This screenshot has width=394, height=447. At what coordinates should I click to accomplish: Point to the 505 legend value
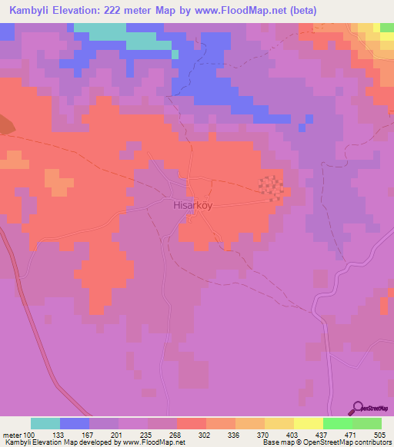click(x=380, y=434)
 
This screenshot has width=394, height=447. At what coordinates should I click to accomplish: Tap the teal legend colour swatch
click(x=45, y=423)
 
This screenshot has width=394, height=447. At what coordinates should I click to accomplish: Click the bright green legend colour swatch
click(x=337, y=423)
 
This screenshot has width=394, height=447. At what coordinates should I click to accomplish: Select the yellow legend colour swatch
click(x=308, y=423)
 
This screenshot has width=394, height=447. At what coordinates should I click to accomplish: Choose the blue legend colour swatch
click(x=75, y=423)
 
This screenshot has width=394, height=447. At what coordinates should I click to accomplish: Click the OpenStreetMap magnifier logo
click(x=358, y=409)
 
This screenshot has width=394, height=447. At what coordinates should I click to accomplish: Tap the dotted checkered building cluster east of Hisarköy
click(x=270, y=186)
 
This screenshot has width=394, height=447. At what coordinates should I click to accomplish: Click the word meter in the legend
click(x=12, y=434)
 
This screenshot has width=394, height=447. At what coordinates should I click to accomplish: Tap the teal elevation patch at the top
click(x=100, y=29)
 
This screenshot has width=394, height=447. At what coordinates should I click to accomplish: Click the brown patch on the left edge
click(x=4, y=125)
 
